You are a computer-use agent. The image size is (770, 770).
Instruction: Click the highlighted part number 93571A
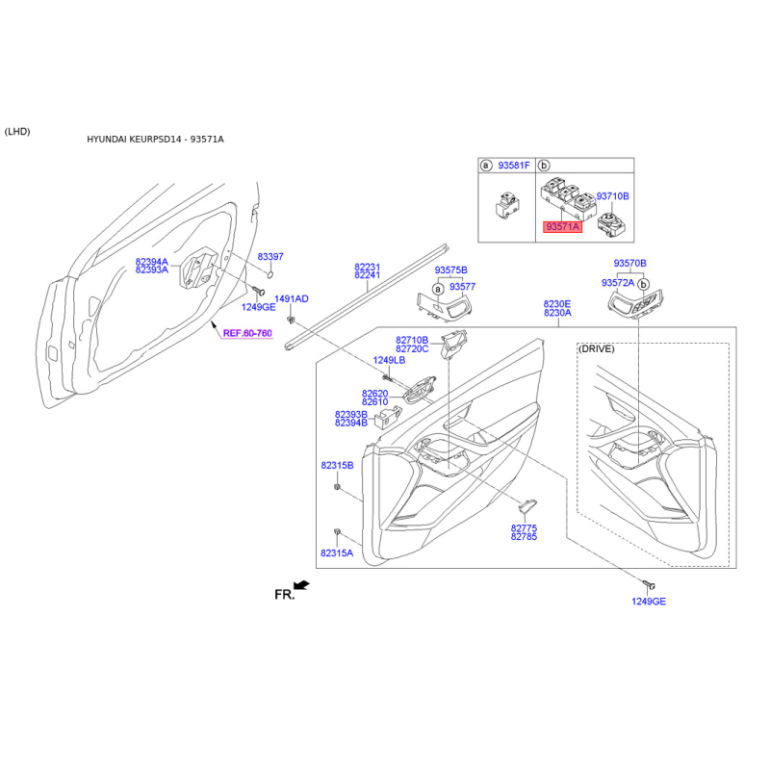coord(562,227)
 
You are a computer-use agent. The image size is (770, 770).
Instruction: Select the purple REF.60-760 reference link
coord(247,333)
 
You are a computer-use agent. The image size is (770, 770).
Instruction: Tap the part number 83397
coord(270,257)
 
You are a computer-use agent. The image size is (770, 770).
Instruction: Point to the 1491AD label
coord(292,299)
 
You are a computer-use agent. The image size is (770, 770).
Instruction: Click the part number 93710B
coord(612,196)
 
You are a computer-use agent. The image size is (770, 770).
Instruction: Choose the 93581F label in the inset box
coord(514,166)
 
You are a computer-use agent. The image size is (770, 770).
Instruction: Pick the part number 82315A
coord(337,553)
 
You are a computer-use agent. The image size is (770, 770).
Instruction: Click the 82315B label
coord(338,466)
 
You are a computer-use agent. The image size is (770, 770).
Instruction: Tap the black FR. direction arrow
coord(301,585)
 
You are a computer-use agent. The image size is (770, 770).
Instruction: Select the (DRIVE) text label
coord(597,349)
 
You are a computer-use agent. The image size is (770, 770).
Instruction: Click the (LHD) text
coord(17,132)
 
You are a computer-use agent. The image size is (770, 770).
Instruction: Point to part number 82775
coord(524,528)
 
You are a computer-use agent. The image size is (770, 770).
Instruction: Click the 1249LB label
coord(389,360)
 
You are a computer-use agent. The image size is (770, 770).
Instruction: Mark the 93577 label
coord(463,287)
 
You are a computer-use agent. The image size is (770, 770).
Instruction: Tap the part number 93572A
coord(618,283)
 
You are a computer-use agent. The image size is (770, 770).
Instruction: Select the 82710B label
coord(412,341)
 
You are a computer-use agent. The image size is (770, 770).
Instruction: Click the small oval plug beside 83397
coord(269,273)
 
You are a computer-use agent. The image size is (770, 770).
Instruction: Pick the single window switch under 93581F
coord(506,205)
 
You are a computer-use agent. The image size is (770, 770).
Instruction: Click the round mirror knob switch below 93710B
coord(611,225)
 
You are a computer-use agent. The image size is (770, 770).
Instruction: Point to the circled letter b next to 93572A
coord(643,284)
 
